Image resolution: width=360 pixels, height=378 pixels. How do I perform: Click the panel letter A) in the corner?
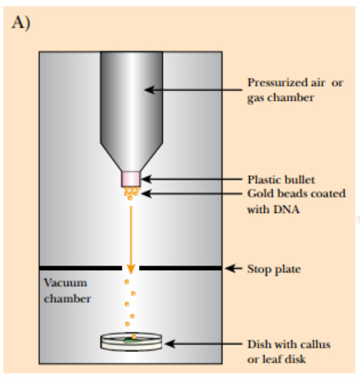click(x=21, y=23)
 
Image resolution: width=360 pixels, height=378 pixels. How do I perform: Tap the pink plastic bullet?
click(x=131, y=179)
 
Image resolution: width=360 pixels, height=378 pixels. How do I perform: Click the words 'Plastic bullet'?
click(x=281, y=180)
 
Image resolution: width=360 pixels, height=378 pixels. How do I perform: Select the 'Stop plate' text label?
click(x=274, y=269)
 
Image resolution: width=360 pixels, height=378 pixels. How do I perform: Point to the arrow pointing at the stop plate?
click(x=234, y=269)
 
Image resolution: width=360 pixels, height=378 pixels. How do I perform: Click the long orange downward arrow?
click(x=131, y=240)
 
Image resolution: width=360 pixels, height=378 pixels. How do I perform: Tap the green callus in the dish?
click(x=130, y=340)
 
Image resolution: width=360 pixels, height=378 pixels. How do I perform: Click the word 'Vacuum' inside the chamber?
click(x=65, y=283)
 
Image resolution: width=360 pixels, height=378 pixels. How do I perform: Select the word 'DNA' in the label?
click(x=286, y=209)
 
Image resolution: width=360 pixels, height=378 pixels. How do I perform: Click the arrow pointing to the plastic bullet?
click(x=191, y=179)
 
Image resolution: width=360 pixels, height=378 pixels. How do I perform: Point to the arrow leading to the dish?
click(x=203, y=344)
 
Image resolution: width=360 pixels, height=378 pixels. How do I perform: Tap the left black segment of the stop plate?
click(x=81, y=268)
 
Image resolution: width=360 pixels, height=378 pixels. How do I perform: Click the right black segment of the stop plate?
click(x=180, y=268)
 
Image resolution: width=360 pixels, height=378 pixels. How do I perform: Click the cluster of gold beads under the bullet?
click(x=132, y=193)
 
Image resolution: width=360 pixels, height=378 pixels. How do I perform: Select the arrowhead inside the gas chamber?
click(x=149, y=90)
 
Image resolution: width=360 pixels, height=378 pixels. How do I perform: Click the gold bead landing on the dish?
click(x=134, y=336)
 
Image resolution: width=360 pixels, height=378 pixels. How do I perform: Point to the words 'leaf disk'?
click(x=284, y=360)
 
